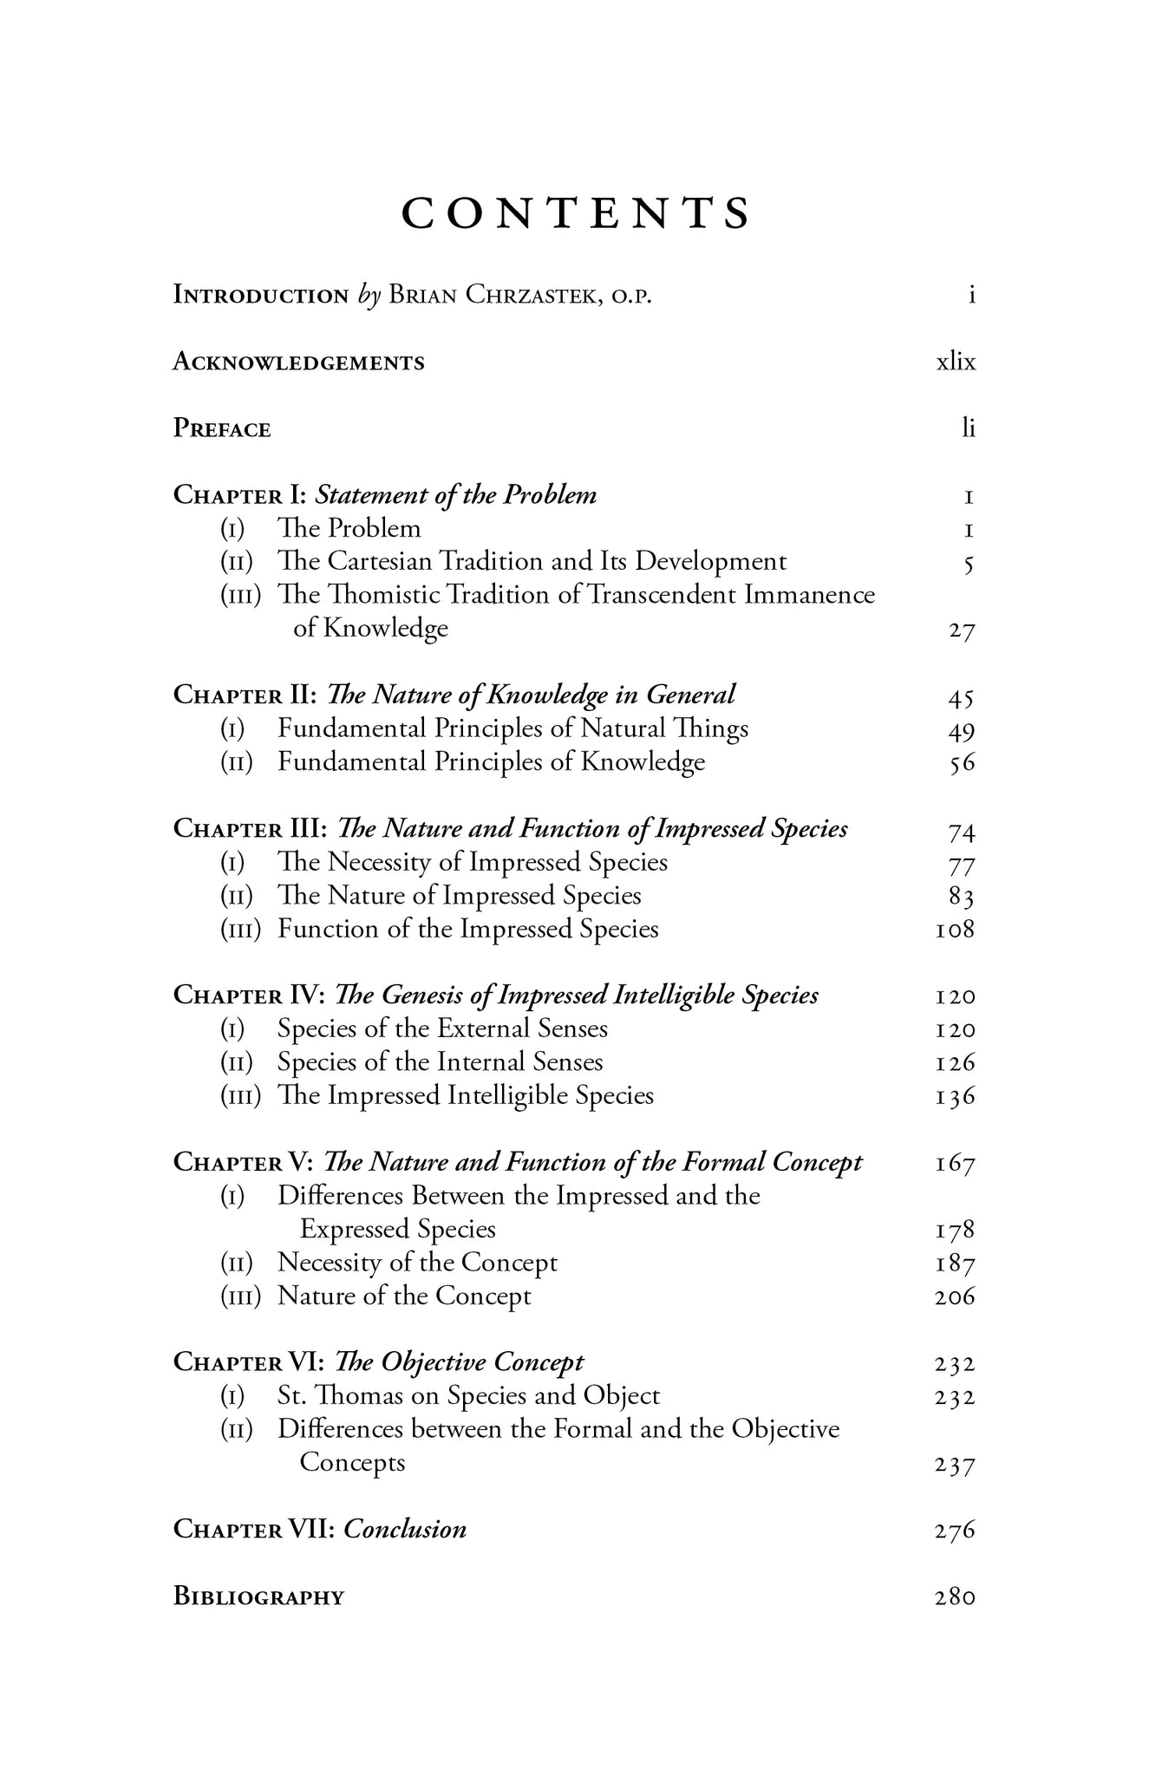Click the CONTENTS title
575,213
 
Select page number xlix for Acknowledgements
956,362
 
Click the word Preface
222,428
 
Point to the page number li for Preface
969,428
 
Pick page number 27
962,630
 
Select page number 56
962,763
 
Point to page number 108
956,930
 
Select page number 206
956,1297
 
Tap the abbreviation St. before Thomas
291,1396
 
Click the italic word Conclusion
405,1529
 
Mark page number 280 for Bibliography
956,1596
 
